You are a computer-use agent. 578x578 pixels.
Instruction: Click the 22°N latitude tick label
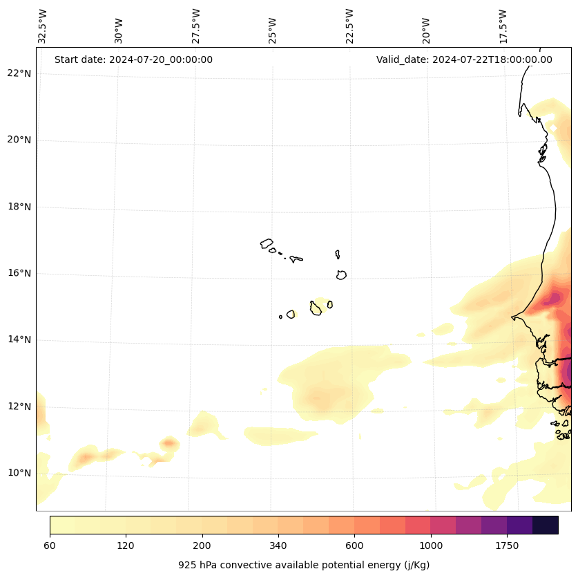tap(19, 73)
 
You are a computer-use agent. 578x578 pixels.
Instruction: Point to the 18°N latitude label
tap(19, 207)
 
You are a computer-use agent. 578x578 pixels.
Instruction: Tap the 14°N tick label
tap(19, 339)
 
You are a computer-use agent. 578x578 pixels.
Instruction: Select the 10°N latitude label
tap(19, 473)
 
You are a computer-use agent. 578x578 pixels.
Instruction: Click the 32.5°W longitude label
tap(43, 26)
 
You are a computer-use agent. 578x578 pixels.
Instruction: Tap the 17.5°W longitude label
tap(503, 26)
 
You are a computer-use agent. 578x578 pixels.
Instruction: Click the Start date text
tap(133, 59)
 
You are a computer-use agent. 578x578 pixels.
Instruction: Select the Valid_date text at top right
tap(464, 59)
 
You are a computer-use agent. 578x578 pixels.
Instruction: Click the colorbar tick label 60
tap(50, 546)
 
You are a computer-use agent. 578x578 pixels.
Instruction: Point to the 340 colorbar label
tap(278, 546)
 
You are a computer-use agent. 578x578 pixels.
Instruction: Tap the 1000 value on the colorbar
tap(431, 546)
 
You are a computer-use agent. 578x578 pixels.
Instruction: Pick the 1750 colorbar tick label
tap(507, 546)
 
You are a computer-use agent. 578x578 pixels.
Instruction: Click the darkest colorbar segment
tap(546, 525)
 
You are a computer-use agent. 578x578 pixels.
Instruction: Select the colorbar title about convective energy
tap(304, 565)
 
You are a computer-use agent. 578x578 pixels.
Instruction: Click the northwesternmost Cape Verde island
tap(267, 243)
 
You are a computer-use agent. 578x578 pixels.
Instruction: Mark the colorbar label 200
tap(202, 546)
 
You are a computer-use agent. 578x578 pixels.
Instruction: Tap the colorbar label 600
tap(355, 546)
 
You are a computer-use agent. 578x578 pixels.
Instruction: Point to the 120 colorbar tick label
tap(126, 546)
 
